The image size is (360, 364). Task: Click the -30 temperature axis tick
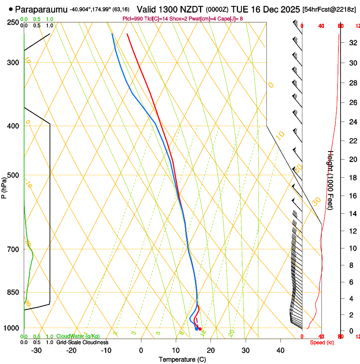point(36,350)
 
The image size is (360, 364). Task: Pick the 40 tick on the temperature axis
point(280,350)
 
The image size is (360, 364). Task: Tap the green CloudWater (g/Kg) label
point(78,336)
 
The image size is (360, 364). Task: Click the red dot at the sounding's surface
point(200,329)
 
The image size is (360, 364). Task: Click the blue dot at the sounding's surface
point(196,328)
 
